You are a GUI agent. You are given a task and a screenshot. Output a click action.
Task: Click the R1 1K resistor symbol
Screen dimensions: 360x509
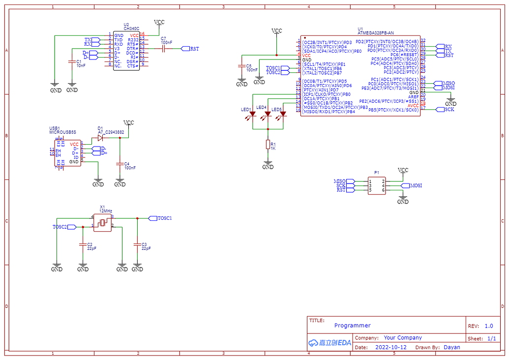(268, 145)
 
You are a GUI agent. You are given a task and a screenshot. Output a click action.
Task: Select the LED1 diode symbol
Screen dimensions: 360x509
(253, 115)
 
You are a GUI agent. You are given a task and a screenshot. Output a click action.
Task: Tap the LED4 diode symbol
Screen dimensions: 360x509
(268, 115)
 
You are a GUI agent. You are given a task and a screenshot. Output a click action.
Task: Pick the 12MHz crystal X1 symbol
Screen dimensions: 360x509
(102, 222)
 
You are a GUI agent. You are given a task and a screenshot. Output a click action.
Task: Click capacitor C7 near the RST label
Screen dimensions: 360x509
(165, 49)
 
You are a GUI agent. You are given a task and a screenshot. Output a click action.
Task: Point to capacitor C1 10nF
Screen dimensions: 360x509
(72, 62)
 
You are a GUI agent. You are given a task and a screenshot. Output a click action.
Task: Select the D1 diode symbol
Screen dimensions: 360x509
(100, 138)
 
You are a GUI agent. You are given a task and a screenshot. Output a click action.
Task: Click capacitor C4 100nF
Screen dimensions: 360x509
(120, 164)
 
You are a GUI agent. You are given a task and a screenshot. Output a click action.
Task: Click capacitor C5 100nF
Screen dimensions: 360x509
(241, 66)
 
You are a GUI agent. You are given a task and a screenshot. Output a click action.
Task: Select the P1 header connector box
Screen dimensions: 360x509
(377, 185)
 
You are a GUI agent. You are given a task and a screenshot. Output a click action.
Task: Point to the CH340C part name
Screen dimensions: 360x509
(131, 29)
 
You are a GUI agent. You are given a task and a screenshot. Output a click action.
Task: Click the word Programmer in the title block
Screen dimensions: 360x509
(352, 326)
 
